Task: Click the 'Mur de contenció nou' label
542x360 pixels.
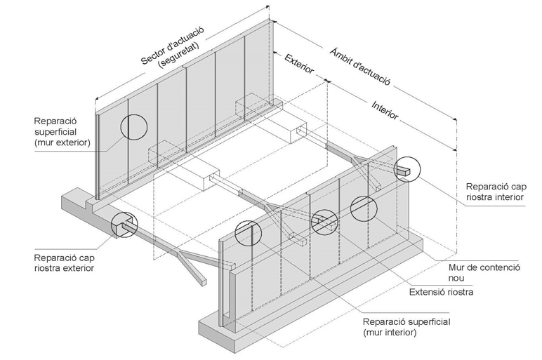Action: point(484,272)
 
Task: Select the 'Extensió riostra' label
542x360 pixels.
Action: point(441,291)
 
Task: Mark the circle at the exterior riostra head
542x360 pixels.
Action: point(125,225)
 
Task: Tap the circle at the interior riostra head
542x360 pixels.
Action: point(406,171)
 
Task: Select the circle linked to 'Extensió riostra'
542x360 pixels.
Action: point(325,222)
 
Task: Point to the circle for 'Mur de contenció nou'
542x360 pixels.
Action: point(364,208)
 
